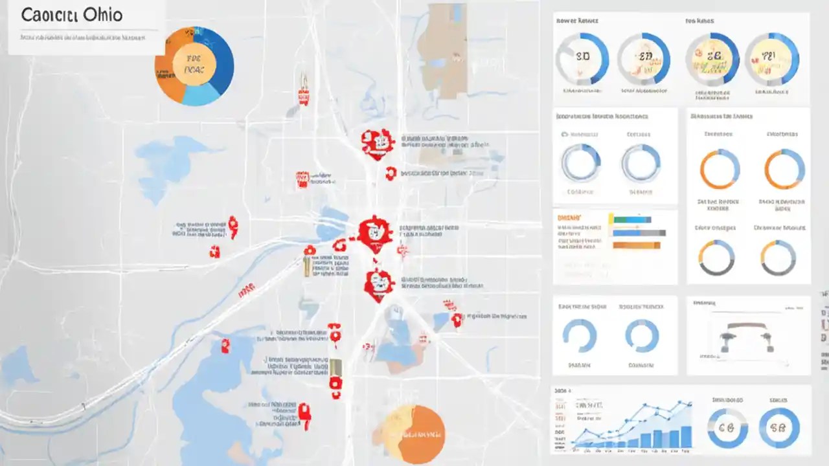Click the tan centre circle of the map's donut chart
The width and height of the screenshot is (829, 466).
tap(193, 65)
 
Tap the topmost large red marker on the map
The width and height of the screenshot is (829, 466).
tap(378, 144)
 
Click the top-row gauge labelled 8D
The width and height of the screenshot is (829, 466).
tap(582, 58)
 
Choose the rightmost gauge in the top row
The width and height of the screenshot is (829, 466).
tap(771, 59)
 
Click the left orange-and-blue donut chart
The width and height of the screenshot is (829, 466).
tap(719, 169)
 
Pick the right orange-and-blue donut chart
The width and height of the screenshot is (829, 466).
tap(784, 169)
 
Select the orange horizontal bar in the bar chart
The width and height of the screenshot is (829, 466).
tap(636, 245)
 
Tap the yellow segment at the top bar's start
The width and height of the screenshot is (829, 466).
tap(611, 219)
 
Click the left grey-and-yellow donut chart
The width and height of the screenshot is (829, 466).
tap(716, 258)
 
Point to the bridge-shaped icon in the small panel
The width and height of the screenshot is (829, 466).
tap(747, 337)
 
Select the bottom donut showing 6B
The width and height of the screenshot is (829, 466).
tap(727, 428)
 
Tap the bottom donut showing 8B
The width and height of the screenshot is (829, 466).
tap(779, 428)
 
